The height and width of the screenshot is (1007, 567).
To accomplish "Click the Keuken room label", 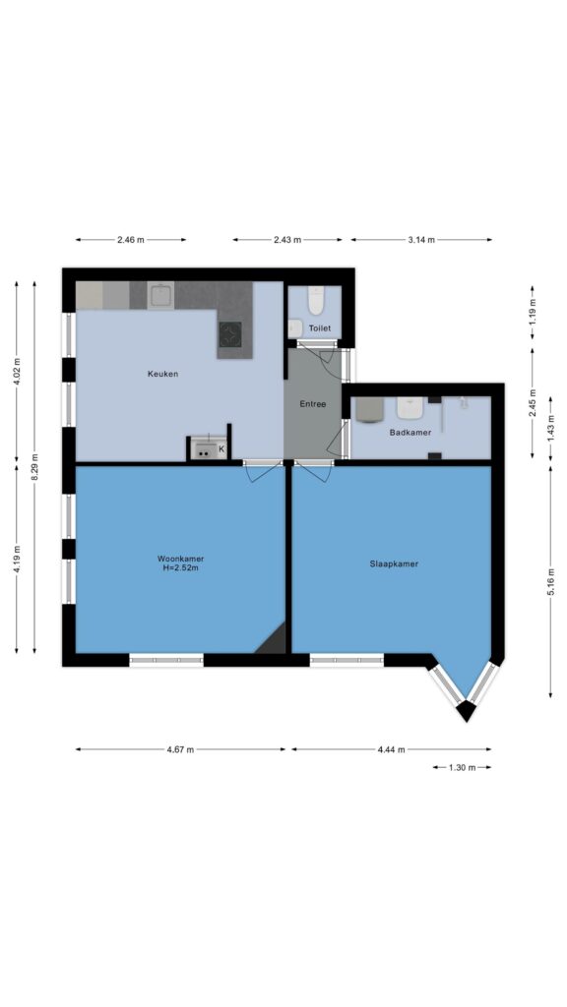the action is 162,374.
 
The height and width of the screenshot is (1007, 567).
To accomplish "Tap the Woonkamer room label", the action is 181,559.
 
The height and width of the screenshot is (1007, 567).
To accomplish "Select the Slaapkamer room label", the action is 394,563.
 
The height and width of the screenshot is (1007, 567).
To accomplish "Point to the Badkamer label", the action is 410,433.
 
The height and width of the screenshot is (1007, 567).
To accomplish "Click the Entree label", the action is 313,404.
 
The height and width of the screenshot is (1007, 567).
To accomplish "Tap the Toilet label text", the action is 320,328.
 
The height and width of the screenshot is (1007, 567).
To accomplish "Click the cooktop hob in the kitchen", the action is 230,334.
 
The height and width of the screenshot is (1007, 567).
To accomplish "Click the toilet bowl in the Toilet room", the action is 316,301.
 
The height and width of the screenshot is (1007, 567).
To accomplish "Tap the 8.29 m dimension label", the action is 34,467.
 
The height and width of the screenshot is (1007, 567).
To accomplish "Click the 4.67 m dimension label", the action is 180,748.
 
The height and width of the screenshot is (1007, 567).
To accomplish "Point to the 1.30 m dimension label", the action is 462,767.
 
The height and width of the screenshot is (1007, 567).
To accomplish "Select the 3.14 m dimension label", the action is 421,240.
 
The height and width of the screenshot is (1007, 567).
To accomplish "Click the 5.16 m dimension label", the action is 551,581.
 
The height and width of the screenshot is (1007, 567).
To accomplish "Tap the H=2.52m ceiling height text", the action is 181,567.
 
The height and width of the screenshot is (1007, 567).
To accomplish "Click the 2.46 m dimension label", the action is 131,240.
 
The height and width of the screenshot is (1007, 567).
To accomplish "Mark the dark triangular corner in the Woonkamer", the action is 274,641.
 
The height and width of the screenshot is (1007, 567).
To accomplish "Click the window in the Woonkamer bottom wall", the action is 166,660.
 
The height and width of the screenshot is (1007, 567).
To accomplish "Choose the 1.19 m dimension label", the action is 533,312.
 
